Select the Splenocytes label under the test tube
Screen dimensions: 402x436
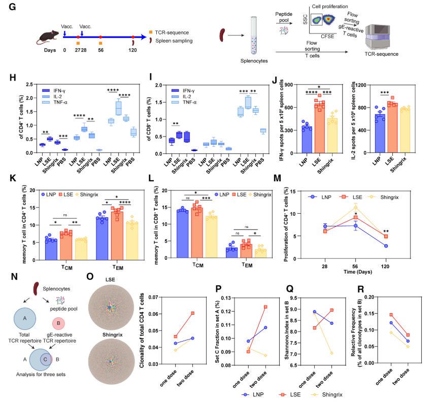point(254,60)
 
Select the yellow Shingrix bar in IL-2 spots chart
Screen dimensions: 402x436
point(406,129)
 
